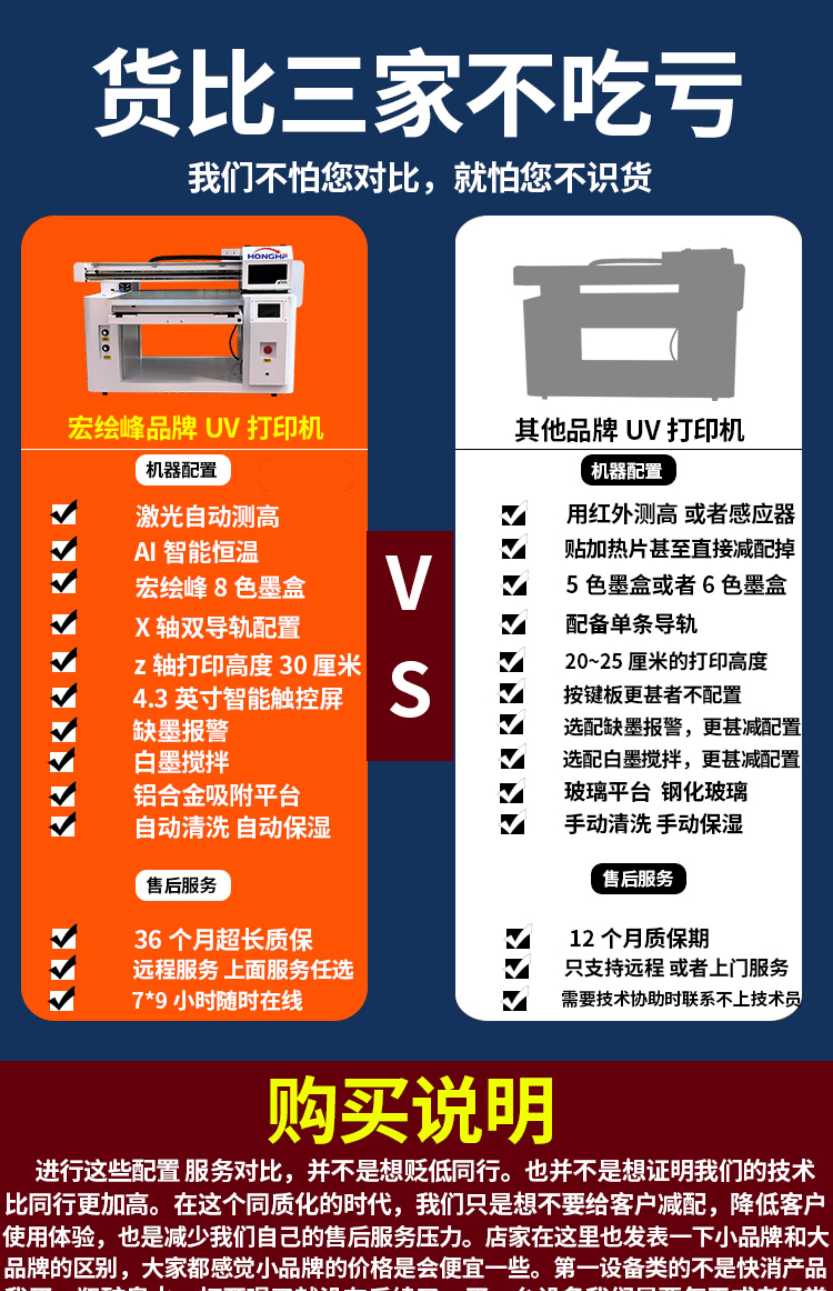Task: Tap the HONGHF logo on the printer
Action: coord(267,256)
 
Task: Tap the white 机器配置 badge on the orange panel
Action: coord(182,470)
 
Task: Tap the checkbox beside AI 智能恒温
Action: coord(64,550)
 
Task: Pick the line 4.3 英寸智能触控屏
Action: coord(238,698)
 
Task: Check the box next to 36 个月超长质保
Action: coord(64,937)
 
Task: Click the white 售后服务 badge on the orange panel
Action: coord(182,886)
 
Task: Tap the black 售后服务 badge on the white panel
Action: coord(638,878)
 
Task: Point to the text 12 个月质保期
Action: coord(639,938)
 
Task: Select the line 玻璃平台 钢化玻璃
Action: coord(656,792)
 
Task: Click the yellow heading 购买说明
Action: coord(411,1110)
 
